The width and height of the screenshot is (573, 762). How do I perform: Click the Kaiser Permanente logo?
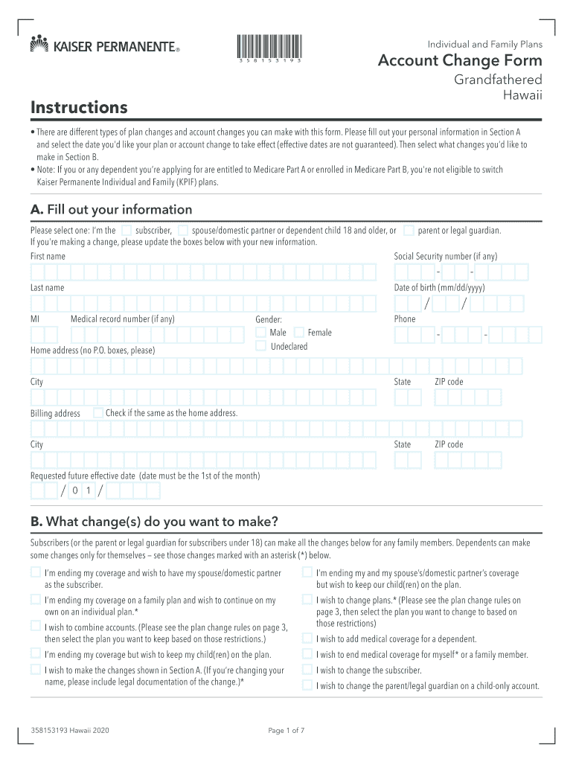(x=105, y=46)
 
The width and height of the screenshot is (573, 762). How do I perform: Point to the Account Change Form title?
(x=460, y=61)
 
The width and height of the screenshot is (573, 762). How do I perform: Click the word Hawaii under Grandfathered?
(x=523, y=95)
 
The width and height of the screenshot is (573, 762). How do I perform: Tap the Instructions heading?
(x=79, y=108)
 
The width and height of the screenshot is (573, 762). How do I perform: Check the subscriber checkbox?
(x=127, y=230)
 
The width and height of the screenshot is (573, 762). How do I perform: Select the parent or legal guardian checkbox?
(x=409, y=230)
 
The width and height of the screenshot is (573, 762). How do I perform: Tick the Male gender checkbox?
(x=260, y=332)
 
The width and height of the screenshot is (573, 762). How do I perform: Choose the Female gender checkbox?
(x=299, y=332)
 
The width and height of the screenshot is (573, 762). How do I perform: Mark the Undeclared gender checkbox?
(x=260, y=346)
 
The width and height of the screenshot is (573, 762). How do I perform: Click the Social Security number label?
(x=445, y=257)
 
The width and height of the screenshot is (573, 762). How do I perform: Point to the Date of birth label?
(x=439, y=288)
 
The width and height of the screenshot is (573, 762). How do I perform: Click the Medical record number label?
(x=122, y=319)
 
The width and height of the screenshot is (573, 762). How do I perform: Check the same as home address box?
(x=98, y=412)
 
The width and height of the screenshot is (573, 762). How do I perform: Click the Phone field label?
(x=405, y=319)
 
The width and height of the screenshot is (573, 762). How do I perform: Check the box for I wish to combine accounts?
(x=36, y=626)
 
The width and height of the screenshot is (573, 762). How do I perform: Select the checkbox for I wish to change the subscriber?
(x=307, y=670)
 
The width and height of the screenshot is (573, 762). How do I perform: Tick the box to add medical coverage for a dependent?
(x=307, y=638)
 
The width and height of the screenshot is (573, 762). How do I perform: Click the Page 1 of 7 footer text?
(x=286, y=731)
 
